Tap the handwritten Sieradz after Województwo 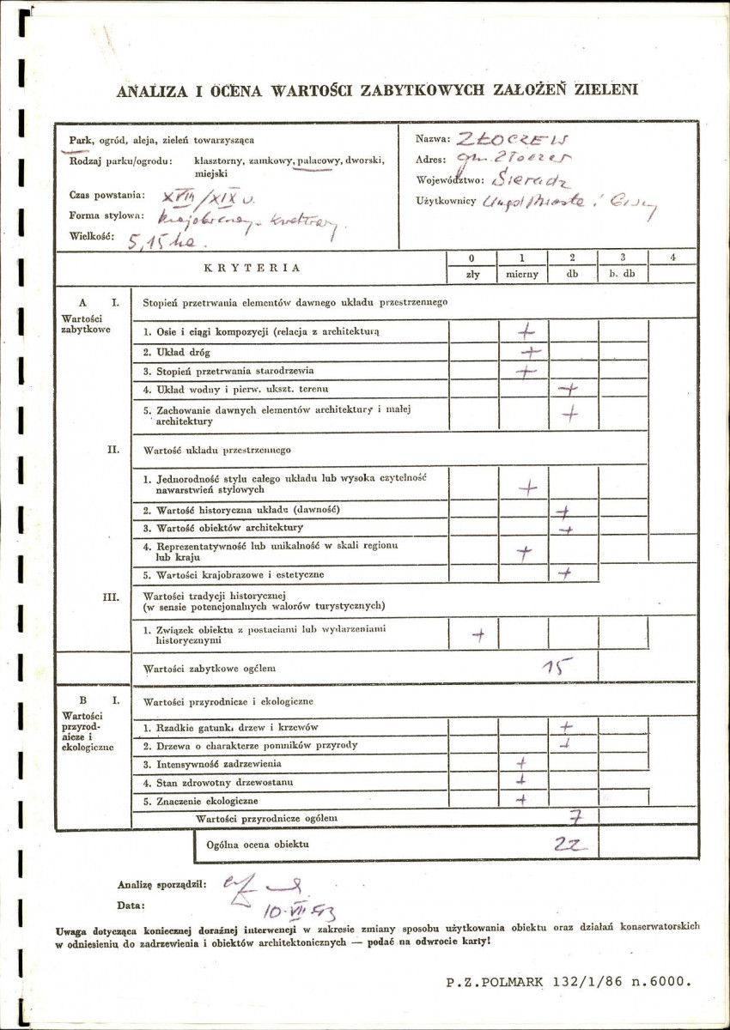pos(515,181)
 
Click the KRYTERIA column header pos(252,267)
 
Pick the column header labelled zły pos(472,275)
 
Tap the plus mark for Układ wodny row pos(568,389)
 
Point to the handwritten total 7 pos(575,816)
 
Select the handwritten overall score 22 pos(569,845)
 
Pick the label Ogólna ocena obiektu pos(257,845)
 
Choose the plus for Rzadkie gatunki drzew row pos(567,726)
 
